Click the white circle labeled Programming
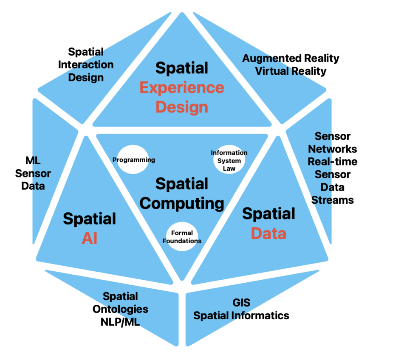click(x=133, y=160)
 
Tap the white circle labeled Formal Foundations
click(x=182, y=237)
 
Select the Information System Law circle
click(x=229, y=160)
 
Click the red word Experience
click(x=182, y=87)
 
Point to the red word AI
click(x=90, y=238)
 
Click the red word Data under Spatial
click(x=268, y=233)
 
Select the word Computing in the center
click(x=182, y=203)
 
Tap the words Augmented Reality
click(x=291, y=58)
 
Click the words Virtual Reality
click(x=291, y=70)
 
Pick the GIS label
click(x=241, y=303)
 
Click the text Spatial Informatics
click(x=241, y=315)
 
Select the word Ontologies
click(x=121, y=309)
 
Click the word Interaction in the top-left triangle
click(x=86, y=65)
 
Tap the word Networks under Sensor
click(x=333, y=149)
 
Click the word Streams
click(x=333, y=200)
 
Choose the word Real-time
click(x=333, y=162)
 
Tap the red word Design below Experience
click(x=182, y=107)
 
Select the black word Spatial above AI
click(x=90, y=219)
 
